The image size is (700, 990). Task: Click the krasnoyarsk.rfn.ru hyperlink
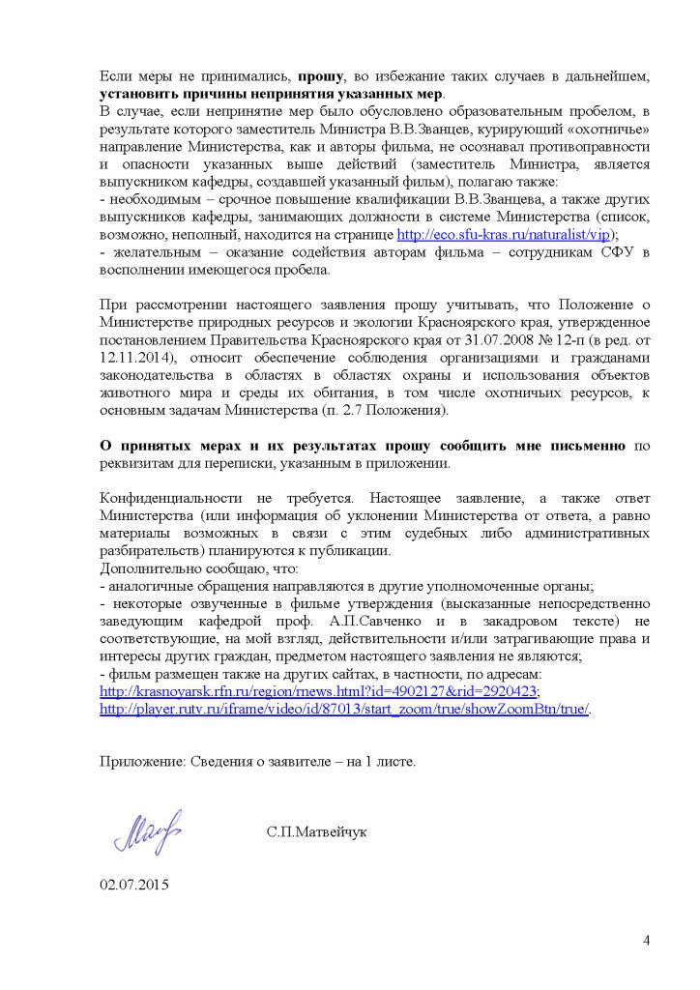tap(320, 691)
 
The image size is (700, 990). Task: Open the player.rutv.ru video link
tap(345, 709)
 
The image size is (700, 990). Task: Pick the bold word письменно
tap(588, 445)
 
